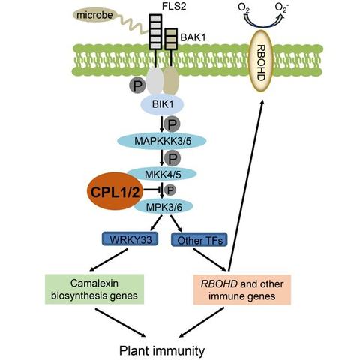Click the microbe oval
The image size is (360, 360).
click(x=94, y=15)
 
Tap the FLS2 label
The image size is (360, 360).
click(x=174, y=6)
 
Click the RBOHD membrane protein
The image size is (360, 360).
click(x=260, y=61)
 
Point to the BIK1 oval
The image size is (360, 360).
click(x=163, y=104)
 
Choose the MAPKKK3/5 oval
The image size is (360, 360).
click(x=162, y=141)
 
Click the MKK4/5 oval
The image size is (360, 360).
click(x=163, y=174)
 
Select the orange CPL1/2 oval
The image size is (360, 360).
click(x=115, y=192)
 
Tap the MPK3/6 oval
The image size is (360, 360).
click(x=163, y=207)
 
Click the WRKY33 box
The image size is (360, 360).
click(x=130, y=239)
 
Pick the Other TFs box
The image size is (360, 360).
click(x=199, y=240)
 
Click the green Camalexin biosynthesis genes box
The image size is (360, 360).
click(x=94, y=289)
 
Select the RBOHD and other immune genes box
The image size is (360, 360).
click(x=242, y=289)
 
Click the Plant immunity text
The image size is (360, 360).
click(x=162, y=350)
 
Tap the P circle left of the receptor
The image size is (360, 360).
click(x=137, y=85)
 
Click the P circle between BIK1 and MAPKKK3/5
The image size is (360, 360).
click(x=172, y=124)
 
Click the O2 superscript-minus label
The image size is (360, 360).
click(x=281, y=7)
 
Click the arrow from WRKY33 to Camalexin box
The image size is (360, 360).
click(x=109, y=260)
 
